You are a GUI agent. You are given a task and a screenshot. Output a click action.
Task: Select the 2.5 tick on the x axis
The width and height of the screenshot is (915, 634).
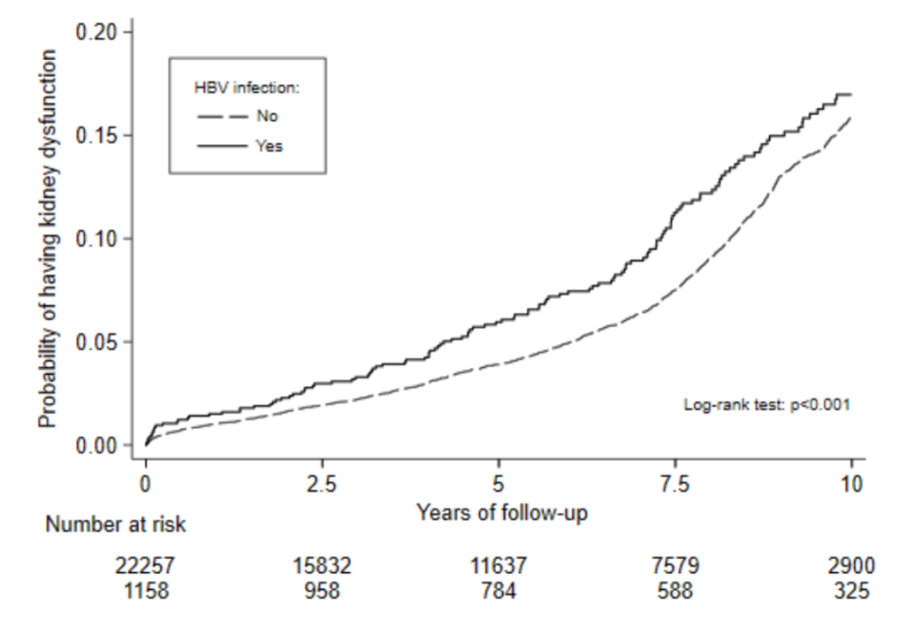(321, 484)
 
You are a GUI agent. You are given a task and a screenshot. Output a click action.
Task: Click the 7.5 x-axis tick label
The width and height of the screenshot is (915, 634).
(674, 484)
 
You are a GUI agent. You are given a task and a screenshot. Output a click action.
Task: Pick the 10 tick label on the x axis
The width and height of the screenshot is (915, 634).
(850, 484)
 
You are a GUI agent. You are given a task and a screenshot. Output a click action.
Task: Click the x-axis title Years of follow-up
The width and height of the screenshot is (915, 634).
(501, 513)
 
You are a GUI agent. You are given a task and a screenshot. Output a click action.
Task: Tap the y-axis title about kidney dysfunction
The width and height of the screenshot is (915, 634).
(49, 238)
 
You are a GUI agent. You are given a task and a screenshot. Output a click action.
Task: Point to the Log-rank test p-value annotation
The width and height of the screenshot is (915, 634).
(766, 404)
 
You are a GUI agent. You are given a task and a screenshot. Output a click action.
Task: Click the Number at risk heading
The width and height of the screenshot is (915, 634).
(118, 523)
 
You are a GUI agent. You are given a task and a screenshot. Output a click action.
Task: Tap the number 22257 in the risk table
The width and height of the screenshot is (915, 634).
(145, 566)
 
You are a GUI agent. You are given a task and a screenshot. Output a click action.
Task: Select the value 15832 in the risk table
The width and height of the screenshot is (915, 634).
(321, 566)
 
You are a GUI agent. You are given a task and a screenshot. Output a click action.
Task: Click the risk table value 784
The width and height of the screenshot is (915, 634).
(498, 591)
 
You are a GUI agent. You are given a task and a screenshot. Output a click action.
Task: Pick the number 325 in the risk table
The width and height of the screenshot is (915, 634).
(850, 591)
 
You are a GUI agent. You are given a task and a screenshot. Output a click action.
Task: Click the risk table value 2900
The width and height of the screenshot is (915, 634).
(850, 566)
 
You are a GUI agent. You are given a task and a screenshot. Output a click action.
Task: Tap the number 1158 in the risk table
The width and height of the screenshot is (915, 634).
(145, 591)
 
